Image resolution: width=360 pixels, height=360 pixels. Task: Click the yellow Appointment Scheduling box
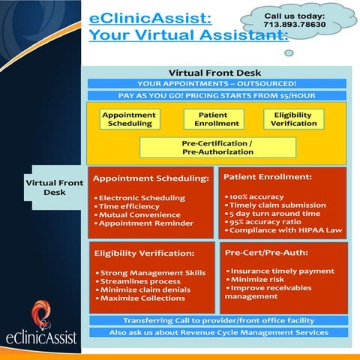click(x=129, y=118)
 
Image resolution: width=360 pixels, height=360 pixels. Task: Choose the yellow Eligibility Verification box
click(x=293, y=118)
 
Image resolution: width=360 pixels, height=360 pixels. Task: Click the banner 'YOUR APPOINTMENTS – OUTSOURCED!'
click(x=217, y=83)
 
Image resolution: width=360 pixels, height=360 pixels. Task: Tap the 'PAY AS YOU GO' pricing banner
click(x=217, y=95)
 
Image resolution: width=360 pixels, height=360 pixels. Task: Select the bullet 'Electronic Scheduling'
click(x=139, y=197)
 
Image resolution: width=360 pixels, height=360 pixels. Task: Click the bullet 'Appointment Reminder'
click(x=145, y=223)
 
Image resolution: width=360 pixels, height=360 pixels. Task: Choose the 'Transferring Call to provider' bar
click(x=217, y=320)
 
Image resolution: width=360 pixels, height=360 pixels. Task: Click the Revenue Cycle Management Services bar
click(x=217, y=332)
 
